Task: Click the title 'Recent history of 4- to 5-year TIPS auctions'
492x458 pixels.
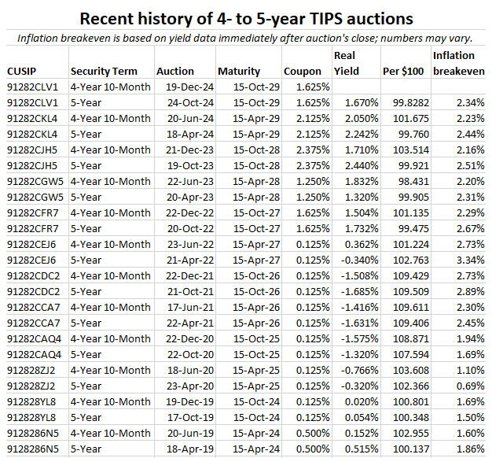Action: (x=245, y=17)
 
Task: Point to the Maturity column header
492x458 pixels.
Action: (x=240, y=71)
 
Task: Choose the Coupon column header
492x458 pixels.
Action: (x=302, y=71)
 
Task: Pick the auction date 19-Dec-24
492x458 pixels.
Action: (x=188, y=87)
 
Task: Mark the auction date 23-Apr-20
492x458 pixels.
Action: (x=188, y=386)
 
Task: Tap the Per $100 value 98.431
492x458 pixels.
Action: (x=408, y=181)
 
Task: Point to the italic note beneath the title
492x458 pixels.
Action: (x=245, y=37)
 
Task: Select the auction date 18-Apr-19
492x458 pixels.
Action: (x=188, y=449)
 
